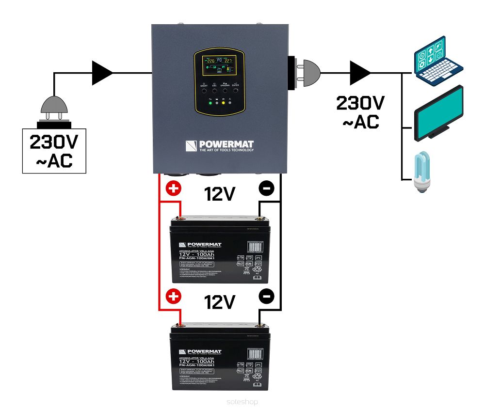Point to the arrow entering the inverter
pos(102,73)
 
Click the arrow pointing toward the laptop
pos(360,73)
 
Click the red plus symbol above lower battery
pos(174,296)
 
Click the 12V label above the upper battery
pos(220,195)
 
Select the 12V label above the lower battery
pos(220,302)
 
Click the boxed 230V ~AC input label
pos(54,150)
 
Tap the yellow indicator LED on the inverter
pos(223,103)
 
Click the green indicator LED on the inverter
pos(210,103)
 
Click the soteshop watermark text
pos(242,402)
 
